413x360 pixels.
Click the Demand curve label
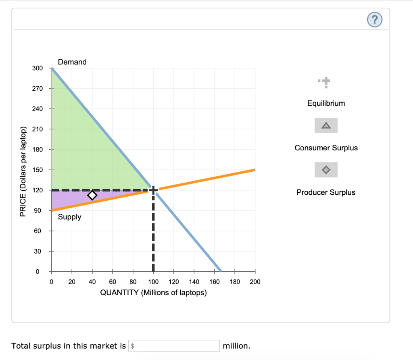[x=72, y=62]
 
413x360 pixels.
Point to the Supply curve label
[x=69, y=217]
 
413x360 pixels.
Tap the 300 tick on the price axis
[x=37, y=68]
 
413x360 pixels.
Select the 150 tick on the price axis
[x=37, y=170]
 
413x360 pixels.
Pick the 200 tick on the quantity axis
[x=255, y=282]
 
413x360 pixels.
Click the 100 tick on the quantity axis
[x=153, y=282]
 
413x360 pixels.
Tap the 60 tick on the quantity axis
[x=113, y=282]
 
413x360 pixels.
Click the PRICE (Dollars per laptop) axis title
[x=23, y=172]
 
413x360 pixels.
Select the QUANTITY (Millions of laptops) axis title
[x=153, y=292]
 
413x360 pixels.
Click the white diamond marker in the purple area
[x=92, y=195]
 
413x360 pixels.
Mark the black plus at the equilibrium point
[x=153, y=189]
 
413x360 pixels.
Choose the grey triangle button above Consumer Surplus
[x=326, y=125]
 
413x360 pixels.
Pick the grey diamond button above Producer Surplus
[x=326, y=170]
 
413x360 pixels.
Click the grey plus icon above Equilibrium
[x=326, y=82]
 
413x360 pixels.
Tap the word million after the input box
[x=237, y=346]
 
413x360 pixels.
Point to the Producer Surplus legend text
[x=326, y=192]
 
